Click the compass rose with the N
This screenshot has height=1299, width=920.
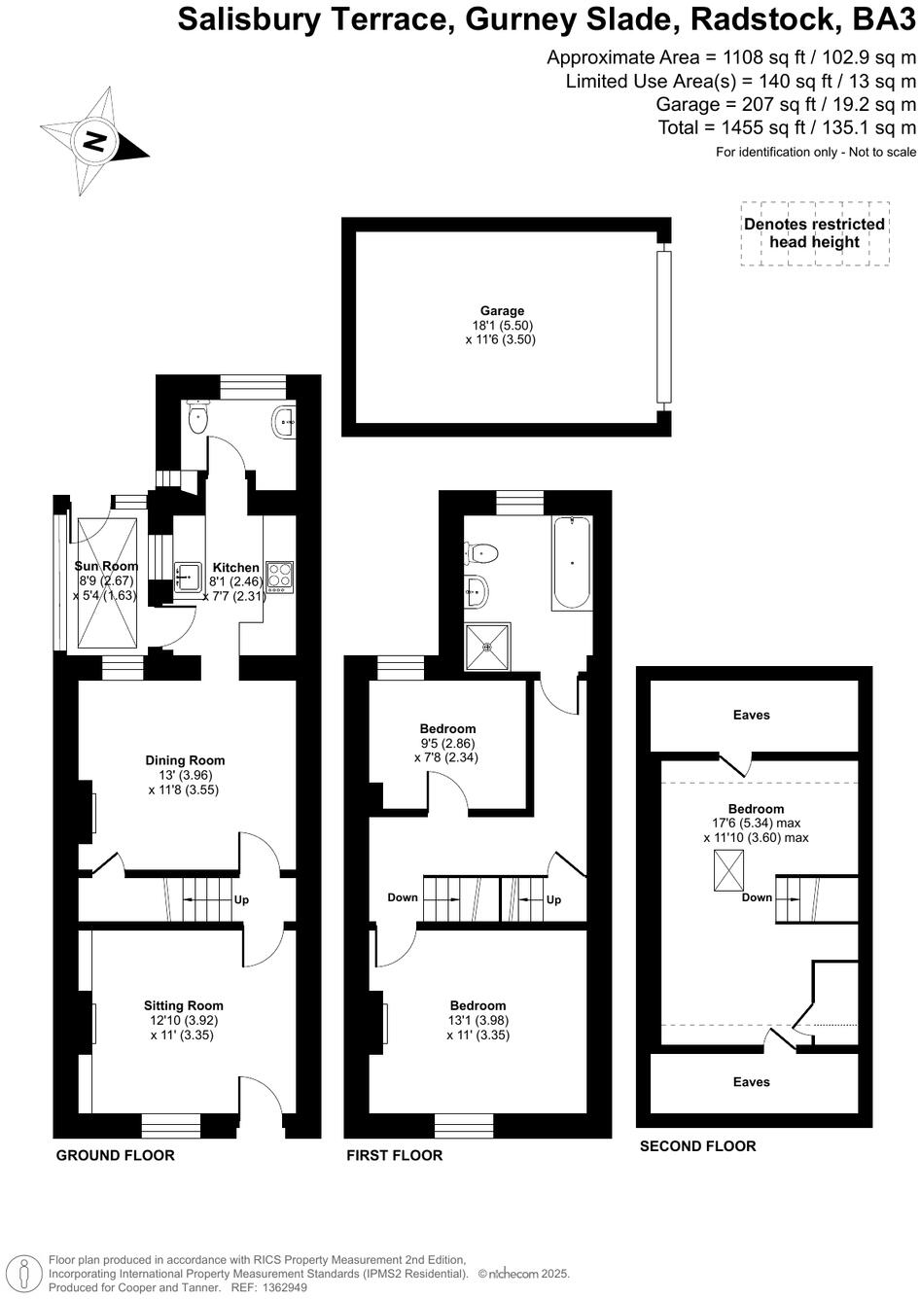[94, 142]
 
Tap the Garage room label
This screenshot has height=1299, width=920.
[501, 311]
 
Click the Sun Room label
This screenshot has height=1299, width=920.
[107, 566]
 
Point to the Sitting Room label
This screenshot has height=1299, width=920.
[183, 1005]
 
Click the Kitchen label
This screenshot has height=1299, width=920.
[235, 568]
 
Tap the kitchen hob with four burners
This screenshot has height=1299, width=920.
[280, 577]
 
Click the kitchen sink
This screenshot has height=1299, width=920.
[187, 576]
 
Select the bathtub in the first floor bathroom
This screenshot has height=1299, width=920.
[571, 564]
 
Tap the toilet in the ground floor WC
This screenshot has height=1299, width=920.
[198, 419]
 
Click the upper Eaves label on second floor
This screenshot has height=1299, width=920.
[751, 715]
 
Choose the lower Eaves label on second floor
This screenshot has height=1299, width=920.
[751, 1081]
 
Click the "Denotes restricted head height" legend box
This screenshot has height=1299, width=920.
[814, 232]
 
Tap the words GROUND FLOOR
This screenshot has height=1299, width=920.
[115, 1155]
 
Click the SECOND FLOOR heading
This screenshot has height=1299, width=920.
[697, 1145]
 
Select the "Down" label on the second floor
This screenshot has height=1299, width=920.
[757, 897]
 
